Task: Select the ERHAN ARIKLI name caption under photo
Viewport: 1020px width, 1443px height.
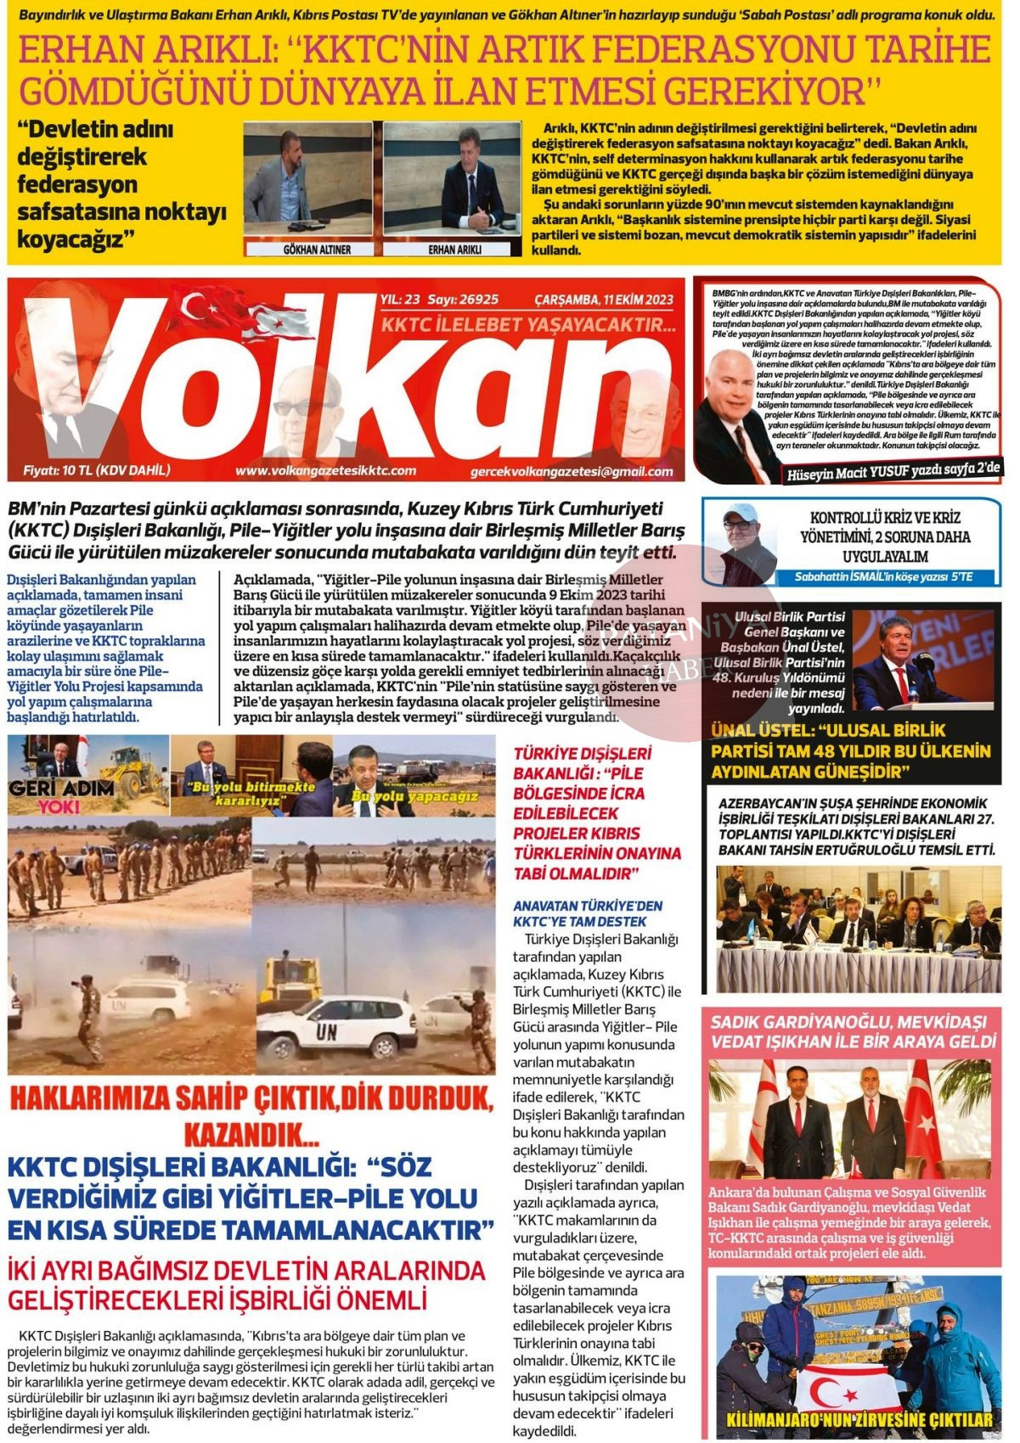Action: [x=454, y=250]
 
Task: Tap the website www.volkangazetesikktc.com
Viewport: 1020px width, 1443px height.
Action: [x=325, y=470]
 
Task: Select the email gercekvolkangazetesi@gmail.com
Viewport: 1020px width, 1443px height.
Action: [x=571, y=472]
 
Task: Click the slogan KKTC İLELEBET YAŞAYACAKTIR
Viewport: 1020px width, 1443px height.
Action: [x=528, y=325]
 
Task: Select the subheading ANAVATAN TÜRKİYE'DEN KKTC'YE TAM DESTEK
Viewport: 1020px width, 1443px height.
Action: [x=587, y=913]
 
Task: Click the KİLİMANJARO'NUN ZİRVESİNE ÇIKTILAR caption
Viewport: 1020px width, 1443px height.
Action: [x=859, y=1420]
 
